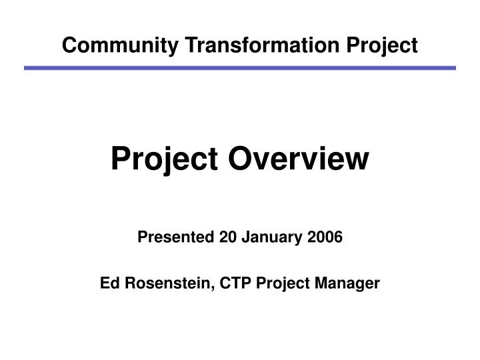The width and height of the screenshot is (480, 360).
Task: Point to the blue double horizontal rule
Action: [240, 68]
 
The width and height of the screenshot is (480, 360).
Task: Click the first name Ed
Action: [109, 283]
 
